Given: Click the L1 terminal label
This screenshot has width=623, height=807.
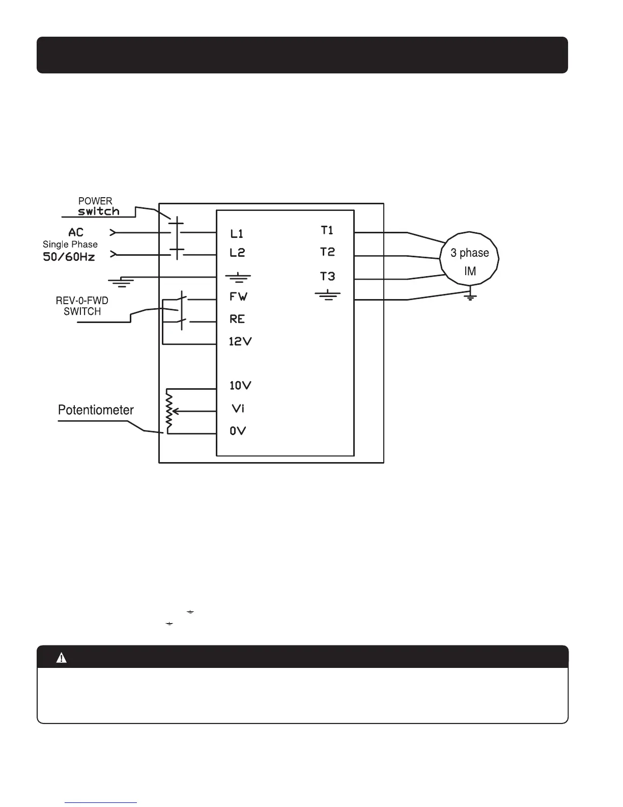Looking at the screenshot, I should point(237,234).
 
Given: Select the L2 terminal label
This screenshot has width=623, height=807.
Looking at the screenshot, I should point(237,253).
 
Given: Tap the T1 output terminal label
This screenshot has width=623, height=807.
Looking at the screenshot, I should point(327,230).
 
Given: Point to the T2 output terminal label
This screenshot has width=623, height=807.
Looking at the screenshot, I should point(327,252).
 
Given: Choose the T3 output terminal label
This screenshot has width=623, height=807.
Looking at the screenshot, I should point(327,276).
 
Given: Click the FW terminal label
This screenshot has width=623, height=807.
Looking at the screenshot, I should point(238,297).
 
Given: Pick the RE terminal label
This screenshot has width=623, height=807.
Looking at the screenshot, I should point(237,319).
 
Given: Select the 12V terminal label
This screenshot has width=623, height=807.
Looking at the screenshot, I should point(240,341).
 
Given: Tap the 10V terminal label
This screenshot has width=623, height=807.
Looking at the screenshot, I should point(240,385).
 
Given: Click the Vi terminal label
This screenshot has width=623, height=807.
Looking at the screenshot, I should point(238,408).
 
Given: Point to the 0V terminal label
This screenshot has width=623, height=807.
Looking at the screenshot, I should point(238,431).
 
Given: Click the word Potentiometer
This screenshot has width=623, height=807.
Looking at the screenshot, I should point(96,410).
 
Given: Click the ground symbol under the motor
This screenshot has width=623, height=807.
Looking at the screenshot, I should point(471,297).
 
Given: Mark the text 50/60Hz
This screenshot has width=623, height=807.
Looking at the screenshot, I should point(69,256).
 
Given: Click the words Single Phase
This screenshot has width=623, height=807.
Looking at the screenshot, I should point(70,245).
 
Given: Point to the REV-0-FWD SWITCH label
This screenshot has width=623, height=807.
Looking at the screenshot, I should point(82,306).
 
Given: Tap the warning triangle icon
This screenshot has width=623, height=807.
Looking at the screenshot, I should point(62,658).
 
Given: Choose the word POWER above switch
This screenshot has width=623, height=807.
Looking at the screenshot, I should point(95,201).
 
